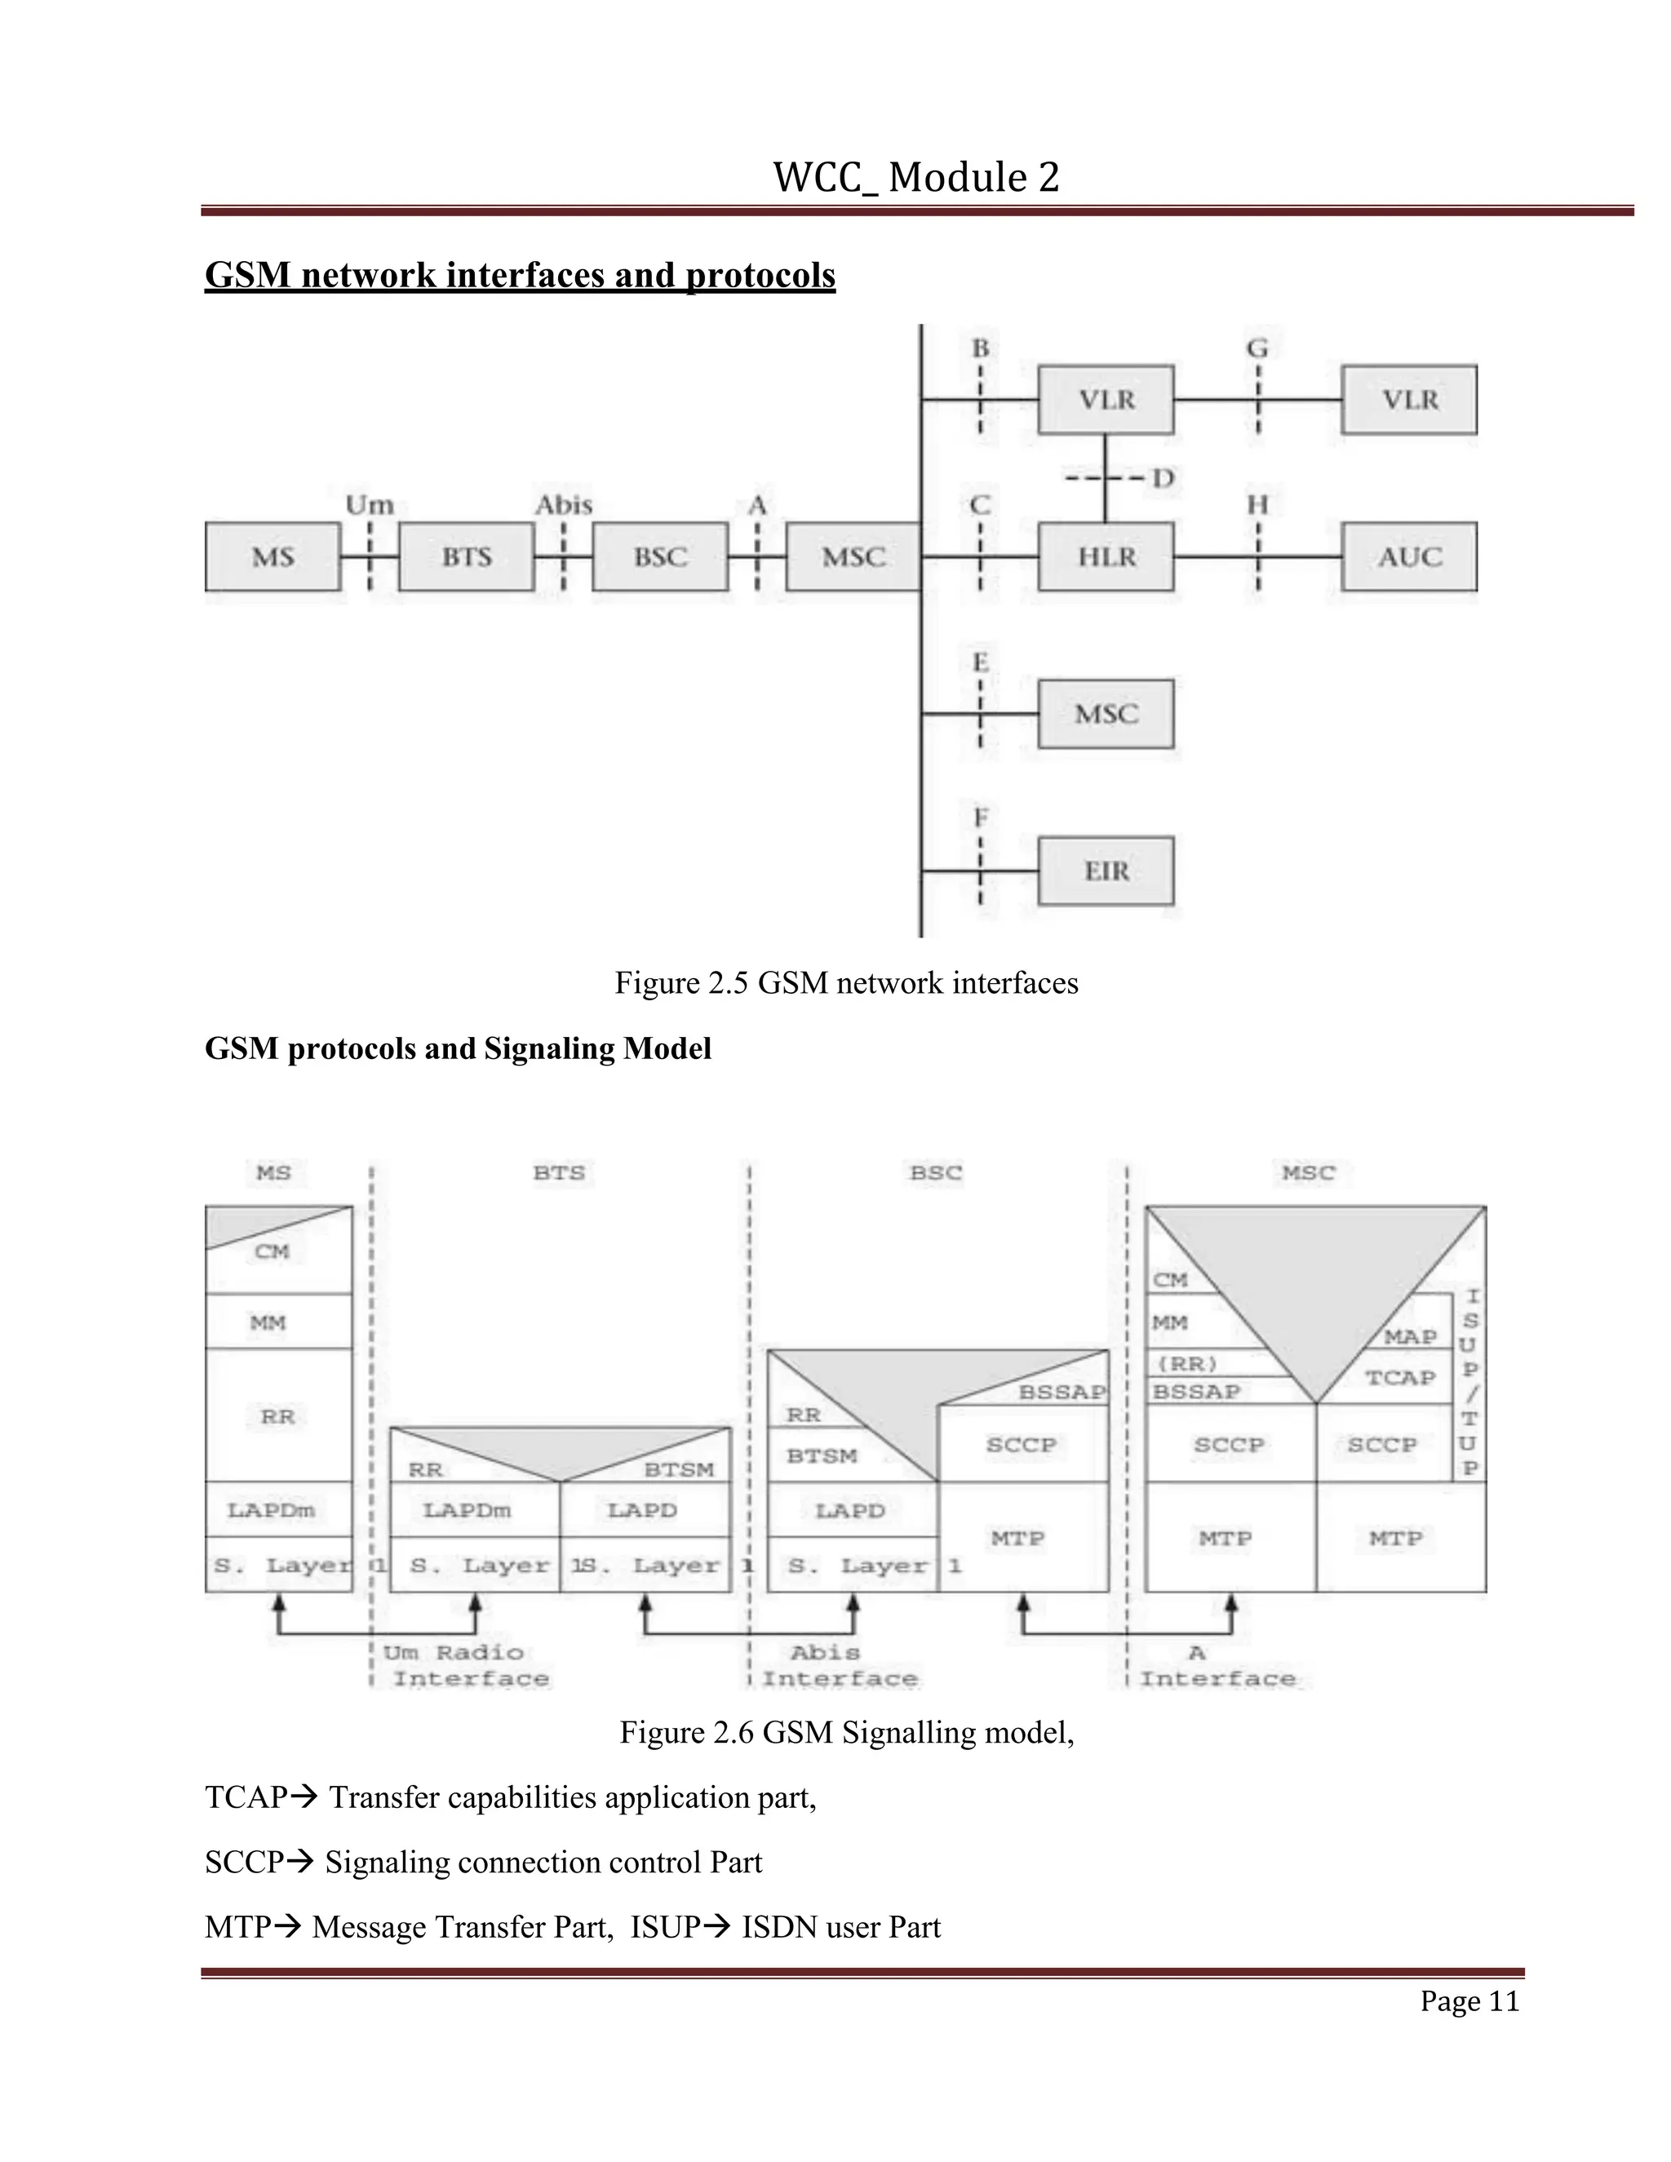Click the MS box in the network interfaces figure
[x=273, y=556]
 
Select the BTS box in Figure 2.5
[x=466, y=556]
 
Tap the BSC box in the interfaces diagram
[x=660, y=556]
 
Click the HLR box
[x=1106, y=556]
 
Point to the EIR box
[x=1106, y=871]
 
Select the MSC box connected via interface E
[x=1106, y=714]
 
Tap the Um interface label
[x=370, y=506]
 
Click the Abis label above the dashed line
[x=563, y=506]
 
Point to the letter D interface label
[x=1163, y=479]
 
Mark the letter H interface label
[x=1257, y=506]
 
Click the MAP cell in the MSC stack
[x=1410, y=1336]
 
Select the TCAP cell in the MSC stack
[x=1400, y=1377]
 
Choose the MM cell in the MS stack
[x=268, y=1322]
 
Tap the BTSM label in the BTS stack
[x=679, y=1470]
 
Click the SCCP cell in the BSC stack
[x=1022, y=1444]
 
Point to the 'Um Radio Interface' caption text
[x=465, y=1665]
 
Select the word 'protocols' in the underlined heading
[x=760, y=275]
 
